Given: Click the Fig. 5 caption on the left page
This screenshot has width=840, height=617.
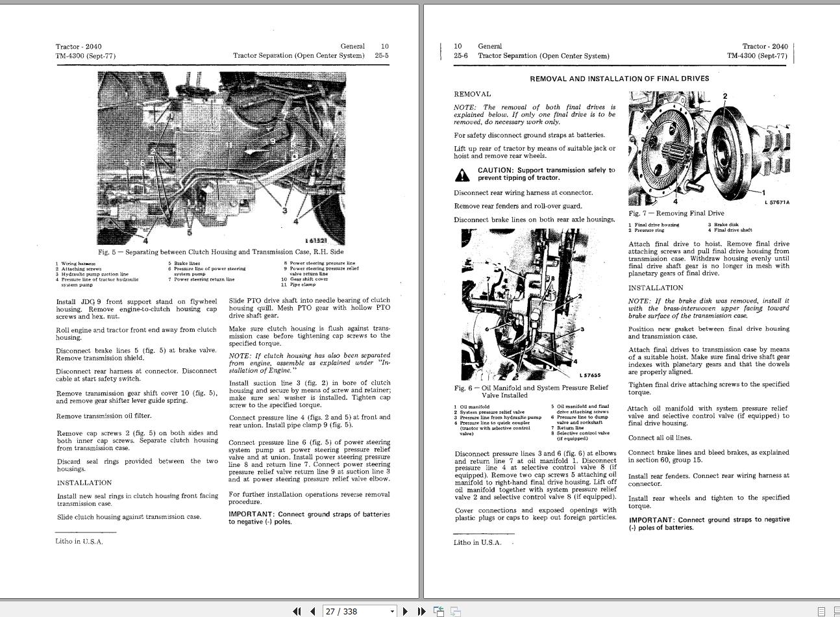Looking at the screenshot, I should point(221,252).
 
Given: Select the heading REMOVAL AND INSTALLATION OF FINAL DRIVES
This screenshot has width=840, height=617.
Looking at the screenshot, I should point(619,79).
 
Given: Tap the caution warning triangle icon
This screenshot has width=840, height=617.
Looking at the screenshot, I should point(462,175).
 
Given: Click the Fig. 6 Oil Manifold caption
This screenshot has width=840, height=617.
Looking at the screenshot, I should point(531,391).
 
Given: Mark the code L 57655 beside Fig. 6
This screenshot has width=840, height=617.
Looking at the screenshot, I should point(590,375).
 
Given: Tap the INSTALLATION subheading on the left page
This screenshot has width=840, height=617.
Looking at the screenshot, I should point(84,483).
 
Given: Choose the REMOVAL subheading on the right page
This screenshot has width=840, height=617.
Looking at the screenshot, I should point(473,94).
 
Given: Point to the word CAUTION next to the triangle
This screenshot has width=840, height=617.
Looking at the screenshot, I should point(495,170).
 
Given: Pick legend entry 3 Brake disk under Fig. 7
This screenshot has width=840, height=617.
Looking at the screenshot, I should point(723,225).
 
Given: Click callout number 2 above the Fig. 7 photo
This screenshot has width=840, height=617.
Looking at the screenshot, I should point(725,97).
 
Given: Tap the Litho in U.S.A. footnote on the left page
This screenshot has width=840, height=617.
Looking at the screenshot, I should point(79,542).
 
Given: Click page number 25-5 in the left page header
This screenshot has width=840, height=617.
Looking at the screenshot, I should point(382,56).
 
